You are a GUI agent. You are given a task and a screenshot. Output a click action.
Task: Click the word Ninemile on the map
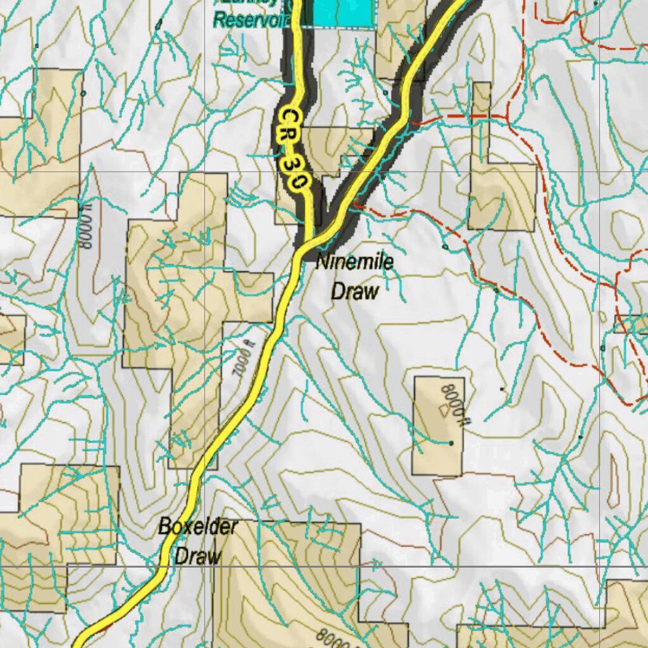pyautogui.click(x=354, y=262)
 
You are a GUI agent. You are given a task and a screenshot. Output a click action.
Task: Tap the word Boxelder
pyautogui.click(x=197, y=526)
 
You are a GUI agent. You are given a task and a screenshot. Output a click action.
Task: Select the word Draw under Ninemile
pyautogui.click(x=355, y=291)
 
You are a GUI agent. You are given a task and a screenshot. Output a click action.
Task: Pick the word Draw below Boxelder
pyautogui.click(x=198, y=556)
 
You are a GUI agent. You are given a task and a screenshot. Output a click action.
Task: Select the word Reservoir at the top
pyautogui.click(x=251, y=20)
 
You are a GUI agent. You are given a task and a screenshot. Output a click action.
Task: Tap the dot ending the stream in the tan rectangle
pyautogui.click(x=451, y=443)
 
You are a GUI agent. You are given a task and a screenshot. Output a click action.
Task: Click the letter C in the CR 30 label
pyautogui.click(x=290, y=117)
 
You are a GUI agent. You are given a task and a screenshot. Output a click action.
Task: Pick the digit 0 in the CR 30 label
pyautogui.click(x=298, y=182)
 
